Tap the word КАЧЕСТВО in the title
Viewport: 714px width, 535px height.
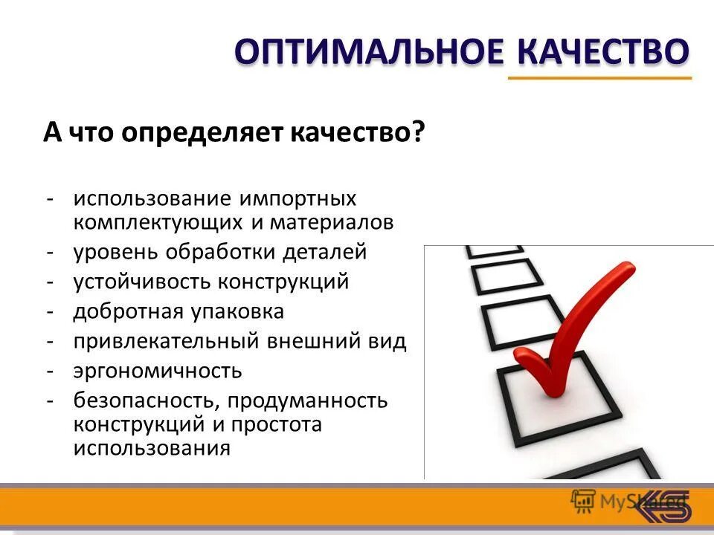pyautogui.click(x=602, y=52)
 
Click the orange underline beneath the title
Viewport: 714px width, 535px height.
pyautogui.click(x=599, y=78)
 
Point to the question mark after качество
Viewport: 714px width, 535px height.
pyautogui.click(x=417, y=133)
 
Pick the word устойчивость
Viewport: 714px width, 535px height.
pyautogui.click(x=142, y=282)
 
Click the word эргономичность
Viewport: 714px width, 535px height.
pyautogui.click(x=157, y=371)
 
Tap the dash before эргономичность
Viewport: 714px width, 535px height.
pyautogui.click(x=49, y=370)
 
